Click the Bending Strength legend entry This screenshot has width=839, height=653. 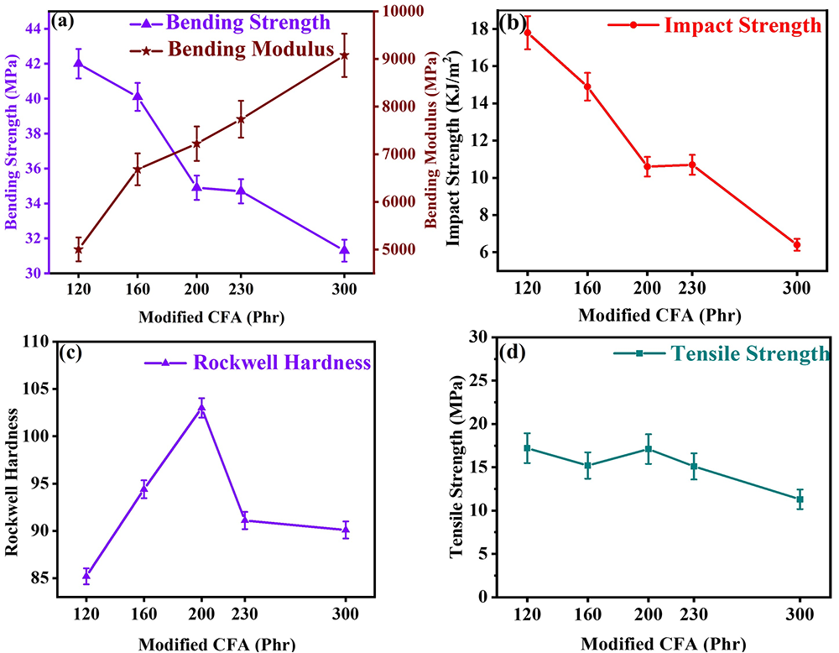click(237, 22)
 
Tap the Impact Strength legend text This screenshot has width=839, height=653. click(742, 25)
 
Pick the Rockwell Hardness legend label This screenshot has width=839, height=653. click(282, 363)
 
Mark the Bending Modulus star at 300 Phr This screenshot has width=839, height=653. click(344, 55)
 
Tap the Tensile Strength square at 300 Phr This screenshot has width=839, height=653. click(800, 499)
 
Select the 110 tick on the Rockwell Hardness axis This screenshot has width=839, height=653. click(34, 342)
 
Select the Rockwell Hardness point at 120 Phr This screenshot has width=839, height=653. click(86, 577)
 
